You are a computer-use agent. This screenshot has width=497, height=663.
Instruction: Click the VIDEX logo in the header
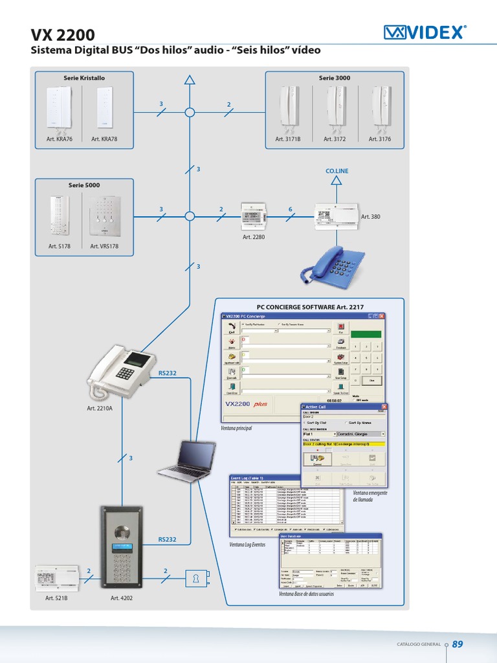tap(425, 32)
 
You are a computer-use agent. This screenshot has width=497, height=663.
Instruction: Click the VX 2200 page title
tap(63, 34)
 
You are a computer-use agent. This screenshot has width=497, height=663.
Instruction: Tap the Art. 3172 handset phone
tap(335, 108)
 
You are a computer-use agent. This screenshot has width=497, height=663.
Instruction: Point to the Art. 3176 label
tap(381, 139)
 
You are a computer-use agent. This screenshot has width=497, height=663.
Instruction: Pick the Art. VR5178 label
tap(104, 247)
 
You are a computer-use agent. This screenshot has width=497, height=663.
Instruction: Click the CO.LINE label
tap(337, 171)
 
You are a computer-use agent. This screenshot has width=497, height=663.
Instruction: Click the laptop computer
tap(187, 460)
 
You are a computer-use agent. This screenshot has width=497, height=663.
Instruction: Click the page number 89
tap(458, 644)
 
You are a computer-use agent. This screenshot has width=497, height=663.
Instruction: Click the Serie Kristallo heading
tap(84, 78)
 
